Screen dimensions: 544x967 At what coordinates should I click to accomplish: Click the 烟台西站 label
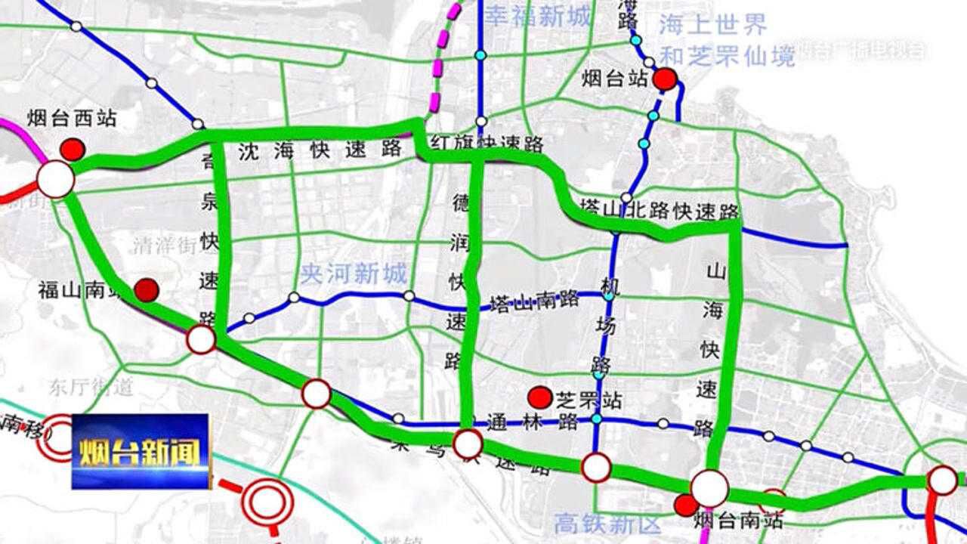click(72, 118)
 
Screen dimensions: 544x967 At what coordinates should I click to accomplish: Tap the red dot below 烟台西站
click(73, 149)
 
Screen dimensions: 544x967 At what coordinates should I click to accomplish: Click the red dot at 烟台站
click(666, 79)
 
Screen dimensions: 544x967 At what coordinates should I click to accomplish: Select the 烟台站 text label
click(615, 78)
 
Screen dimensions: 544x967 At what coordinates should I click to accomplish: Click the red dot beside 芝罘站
click(539, 397)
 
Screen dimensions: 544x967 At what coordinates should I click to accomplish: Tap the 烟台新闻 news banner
click(141, 451)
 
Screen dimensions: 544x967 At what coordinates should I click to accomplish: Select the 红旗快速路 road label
click(487, 142)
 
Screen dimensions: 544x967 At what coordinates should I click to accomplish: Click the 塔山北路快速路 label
click(659, 208)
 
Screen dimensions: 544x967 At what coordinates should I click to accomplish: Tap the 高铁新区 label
click(607, 523)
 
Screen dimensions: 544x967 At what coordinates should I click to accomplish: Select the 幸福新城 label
click(537, 17)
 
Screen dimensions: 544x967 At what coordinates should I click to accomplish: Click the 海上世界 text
click(712, 25)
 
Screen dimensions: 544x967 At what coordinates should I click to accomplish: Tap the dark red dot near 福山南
click(147, 289)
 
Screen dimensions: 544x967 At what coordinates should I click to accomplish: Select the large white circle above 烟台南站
click(710, 488)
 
